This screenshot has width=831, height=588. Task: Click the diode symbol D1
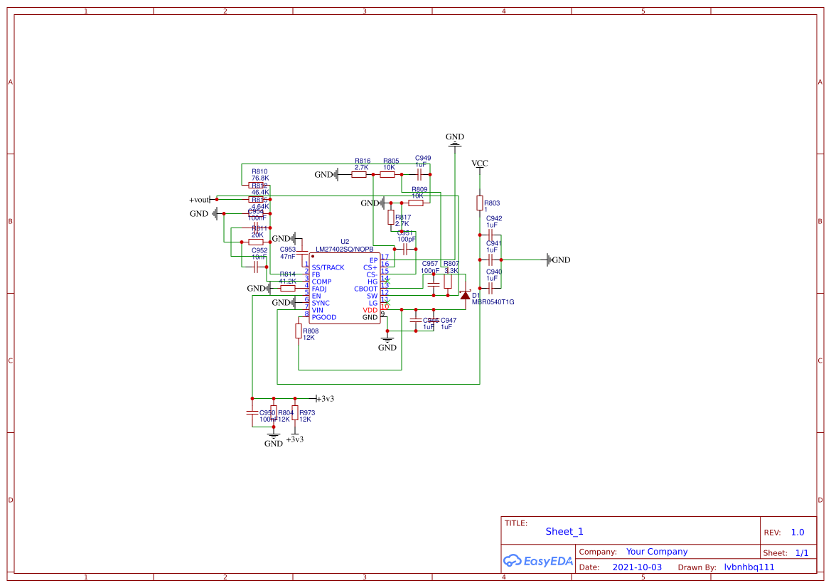(x=465, y=295)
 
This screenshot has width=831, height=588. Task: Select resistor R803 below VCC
(x=479, y=203)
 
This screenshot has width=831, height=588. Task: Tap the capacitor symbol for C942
(x=490, y=233)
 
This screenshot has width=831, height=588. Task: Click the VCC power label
(x=480, y=164)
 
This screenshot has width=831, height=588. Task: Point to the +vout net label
(x=200, y=200)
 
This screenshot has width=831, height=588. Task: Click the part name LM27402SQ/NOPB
(x=344, y=250)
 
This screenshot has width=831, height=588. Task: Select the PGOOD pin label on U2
(x=324, y=317)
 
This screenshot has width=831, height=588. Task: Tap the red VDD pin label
(x=370, y=310)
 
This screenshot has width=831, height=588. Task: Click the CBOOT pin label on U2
(x=365, y=289)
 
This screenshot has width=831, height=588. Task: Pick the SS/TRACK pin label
(x=328, y=267)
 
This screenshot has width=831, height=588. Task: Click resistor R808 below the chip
(x=299, y=331)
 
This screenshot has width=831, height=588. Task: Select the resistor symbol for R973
(x=295, y=412)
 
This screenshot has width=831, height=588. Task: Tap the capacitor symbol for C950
(x=252, y=412)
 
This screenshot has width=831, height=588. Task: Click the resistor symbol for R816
(x=359, y=174)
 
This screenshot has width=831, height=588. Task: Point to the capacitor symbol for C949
(x=420, y=174)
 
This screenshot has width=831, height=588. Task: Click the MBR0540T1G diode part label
(x=493, y=302)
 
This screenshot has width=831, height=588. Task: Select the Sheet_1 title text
(x=564, y=531)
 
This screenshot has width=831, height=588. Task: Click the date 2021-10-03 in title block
(x=637, y=567)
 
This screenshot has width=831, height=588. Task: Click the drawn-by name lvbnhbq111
(x=749, y=567)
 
